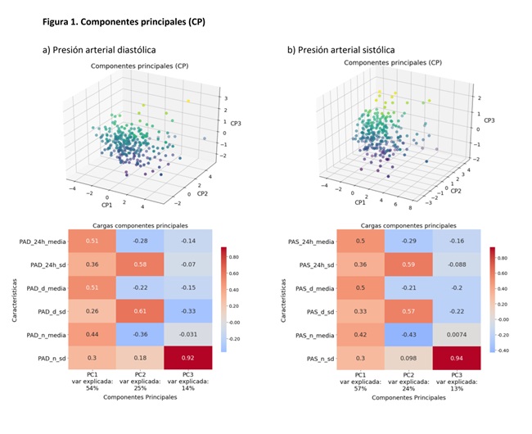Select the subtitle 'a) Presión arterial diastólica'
tap(99, 50)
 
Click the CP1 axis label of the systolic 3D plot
tap(361, 201)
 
